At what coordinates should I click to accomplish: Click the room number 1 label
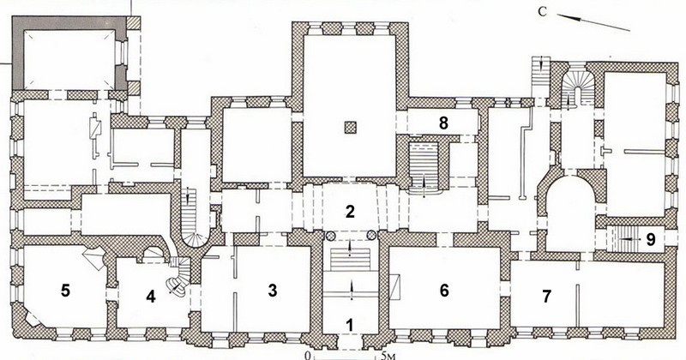click(x=349, y=325)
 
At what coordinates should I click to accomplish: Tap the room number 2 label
click(x=350, y=213)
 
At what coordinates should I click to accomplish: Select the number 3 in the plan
click(x=273, y=290)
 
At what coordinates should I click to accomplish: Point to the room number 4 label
click(x=151, y=297)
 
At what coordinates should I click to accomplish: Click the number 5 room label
click(x=65, y=291)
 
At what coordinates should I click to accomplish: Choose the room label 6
click(x=444, y=290)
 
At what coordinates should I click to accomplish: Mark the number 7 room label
click(x=546, y=296)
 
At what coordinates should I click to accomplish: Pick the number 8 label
click(x=443, y=123)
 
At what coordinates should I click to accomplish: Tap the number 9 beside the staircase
click(x=651, y=240)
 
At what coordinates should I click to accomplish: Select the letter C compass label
click(x=543, y=12)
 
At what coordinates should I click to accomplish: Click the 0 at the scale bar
click(x=310, y=355)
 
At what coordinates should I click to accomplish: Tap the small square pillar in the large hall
click(x=351, y=128)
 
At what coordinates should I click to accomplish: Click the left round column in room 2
click(x=330, y=237)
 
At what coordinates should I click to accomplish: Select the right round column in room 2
click(x=371, y=237)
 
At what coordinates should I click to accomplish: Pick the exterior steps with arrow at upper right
click(x=541, y=76)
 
